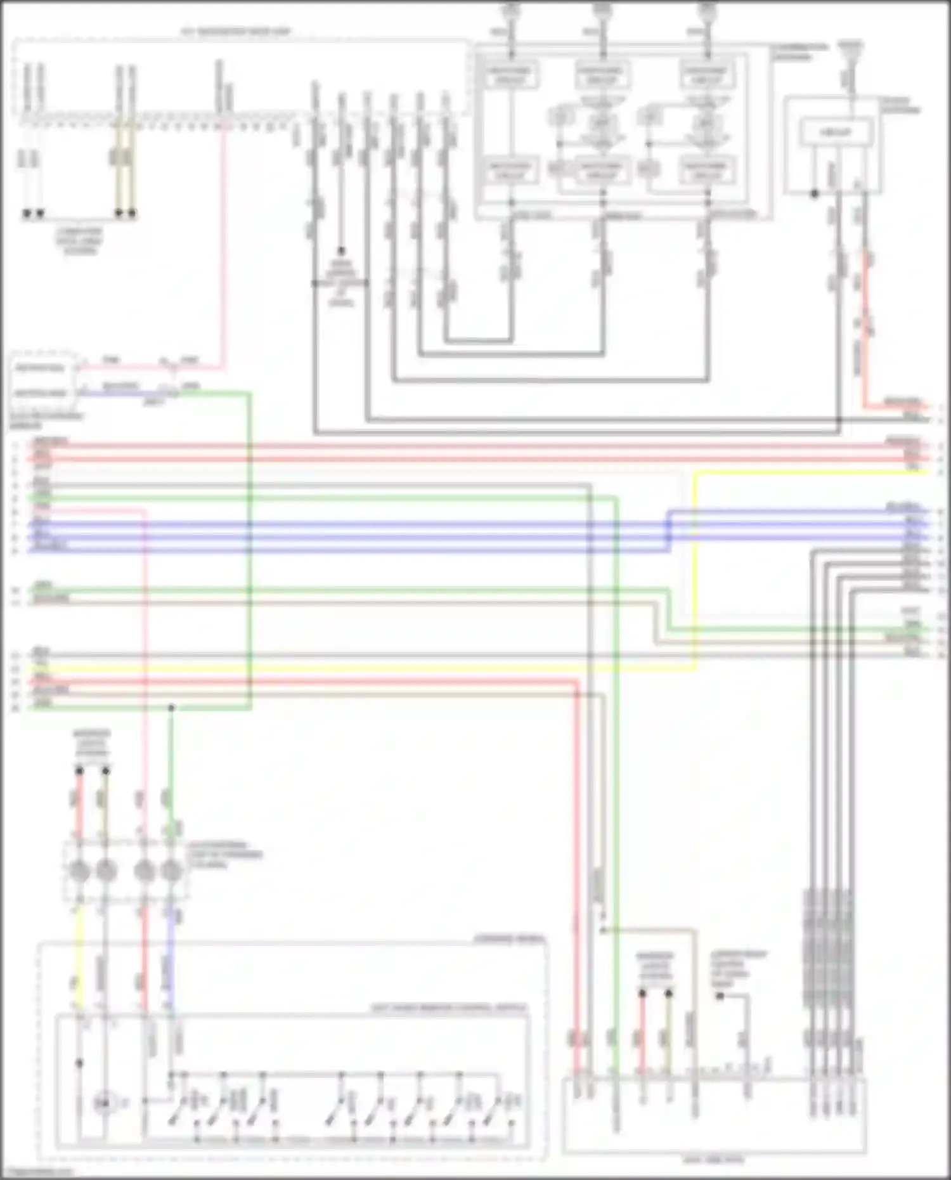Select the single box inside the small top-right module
pyautogui.click(x=836, y=133)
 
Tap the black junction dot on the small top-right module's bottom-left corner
pyautogui.click(x=815, y=193)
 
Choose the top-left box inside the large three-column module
pyautogui.click(x=511, y=75)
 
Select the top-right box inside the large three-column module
pyautogui.click(x=707, y=75)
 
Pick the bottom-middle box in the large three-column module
pyautogui.click(x=602, y=171)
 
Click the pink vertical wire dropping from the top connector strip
pyautogui.click(x=223, y=254)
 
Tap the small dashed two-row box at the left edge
pyautogui.click(x=41, y=380)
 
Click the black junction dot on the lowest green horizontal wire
pyautogui.click(x=171, y=708)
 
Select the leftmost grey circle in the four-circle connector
pyautogui.click(x=79, y=871)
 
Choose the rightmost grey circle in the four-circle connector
pyautogui.click(x=171, y=871)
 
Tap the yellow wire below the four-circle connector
pyautogui.click(x=79, y=951)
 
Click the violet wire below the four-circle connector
pyautogui.click(x=171, y=951)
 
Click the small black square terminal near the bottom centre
pyautogui.click(x=720, y=996)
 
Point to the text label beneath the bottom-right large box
pyautogui.click(x=713, y=1160)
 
